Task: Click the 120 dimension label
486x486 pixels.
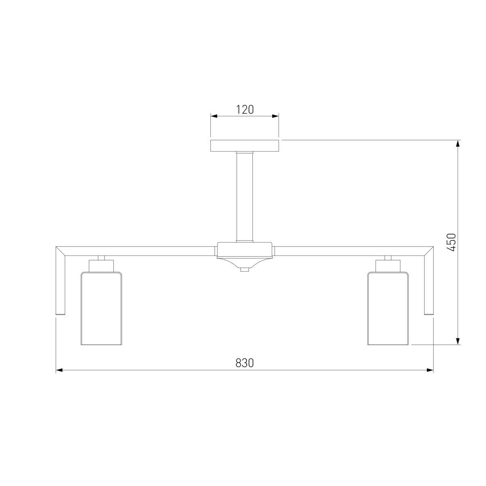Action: (x=244, y=110)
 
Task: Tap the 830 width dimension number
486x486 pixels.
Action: (x=244, y=363)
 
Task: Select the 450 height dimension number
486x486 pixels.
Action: (x=451, y=242)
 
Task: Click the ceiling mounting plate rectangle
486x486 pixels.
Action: (x=244, y=146)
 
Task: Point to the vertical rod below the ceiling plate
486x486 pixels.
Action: (x=244, y=197)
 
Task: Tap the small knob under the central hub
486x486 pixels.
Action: (x=244, y=270)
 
